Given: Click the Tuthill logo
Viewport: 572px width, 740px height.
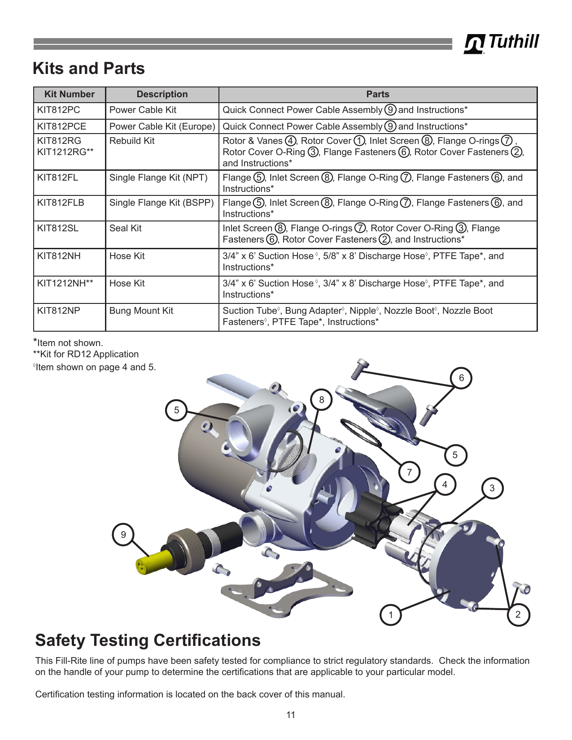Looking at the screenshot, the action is coord(501,43).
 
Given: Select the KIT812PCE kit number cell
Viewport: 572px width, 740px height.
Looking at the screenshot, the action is coord(70,126).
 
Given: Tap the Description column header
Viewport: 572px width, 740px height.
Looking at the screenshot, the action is coord(162,94).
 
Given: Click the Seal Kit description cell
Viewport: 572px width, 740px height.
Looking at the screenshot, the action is coord(162,234).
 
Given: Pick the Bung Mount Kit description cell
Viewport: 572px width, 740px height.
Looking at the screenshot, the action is coord(162,317).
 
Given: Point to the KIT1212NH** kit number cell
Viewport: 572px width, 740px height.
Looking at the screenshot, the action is coord(70,290).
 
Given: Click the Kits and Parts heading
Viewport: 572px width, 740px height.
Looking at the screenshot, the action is coord(89,68).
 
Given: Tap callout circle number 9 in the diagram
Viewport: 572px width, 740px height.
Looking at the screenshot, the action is coord(123,534).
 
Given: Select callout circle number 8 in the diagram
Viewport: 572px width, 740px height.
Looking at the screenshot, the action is coord(322,400).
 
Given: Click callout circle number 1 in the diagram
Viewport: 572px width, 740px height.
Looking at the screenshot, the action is coord(391,615).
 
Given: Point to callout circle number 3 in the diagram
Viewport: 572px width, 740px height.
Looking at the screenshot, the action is coord(492,488).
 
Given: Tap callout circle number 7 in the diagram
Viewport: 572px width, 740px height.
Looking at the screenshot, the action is coord(410,472).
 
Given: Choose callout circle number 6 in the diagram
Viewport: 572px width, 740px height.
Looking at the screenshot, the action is coord(461,378).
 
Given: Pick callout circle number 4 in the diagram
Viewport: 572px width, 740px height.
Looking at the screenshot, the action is coord(445,484).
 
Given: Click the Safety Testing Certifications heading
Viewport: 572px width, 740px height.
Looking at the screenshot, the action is coord(148,640).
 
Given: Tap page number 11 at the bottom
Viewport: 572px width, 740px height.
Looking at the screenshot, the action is coord(291,714).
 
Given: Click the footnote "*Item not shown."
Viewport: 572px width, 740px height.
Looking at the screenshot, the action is coord(68,342).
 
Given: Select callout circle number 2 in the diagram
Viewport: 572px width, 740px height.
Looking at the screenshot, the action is coord(518,615).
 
